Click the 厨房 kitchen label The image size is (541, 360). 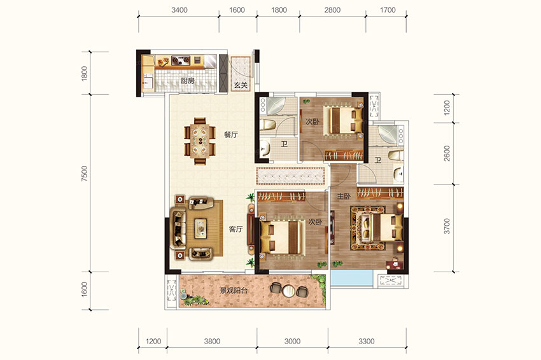tap(188, 81)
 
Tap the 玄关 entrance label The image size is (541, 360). tap(241, 85)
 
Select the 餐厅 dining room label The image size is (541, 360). tap(231, 134)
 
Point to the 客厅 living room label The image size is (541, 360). tap(235, 229)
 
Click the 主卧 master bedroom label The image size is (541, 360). tap(344, 196)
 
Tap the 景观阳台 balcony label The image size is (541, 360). tap(234, 290)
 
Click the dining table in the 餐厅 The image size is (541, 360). tap(200, 141)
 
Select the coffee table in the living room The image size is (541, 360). tap(200, 228)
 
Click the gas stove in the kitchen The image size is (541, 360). tap(181, 60)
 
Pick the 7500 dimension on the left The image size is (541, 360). tap(85, 174)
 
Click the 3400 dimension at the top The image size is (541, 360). tap(179, 10)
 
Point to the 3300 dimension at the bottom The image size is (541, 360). tap(367, 341)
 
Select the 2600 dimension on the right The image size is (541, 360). tap(447, 153)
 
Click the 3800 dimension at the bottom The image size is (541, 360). tap(212, 341)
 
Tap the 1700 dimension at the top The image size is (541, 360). tap(388, 10)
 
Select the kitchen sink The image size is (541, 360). tap(148, 81)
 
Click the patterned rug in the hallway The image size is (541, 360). tap(290, 176)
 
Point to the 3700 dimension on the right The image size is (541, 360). tap(447, 226)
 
